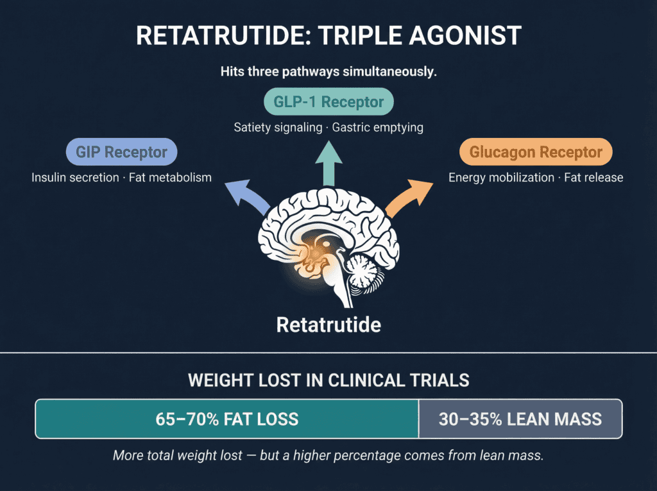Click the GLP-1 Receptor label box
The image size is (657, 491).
click(x=328, y=102)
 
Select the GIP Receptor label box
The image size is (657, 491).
click(x=121, y=153)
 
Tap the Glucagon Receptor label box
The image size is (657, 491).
click(x=536, y=153)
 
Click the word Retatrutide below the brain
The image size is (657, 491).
click(x=328, y=324)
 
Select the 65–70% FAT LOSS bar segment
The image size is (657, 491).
click(x=227, y=419)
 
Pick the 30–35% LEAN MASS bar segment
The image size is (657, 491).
click(x=520, y=419)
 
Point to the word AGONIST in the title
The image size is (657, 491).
click(x=474, y=36)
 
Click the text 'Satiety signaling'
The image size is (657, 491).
click(x=278, y=127)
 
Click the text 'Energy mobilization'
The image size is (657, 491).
click(x=501, y=177)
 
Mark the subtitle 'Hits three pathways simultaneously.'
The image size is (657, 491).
click(x=328, y=71)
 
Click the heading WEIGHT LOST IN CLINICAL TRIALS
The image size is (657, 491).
click(x=328, y=379)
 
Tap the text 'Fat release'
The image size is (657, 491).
click(x=593, y=177)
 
